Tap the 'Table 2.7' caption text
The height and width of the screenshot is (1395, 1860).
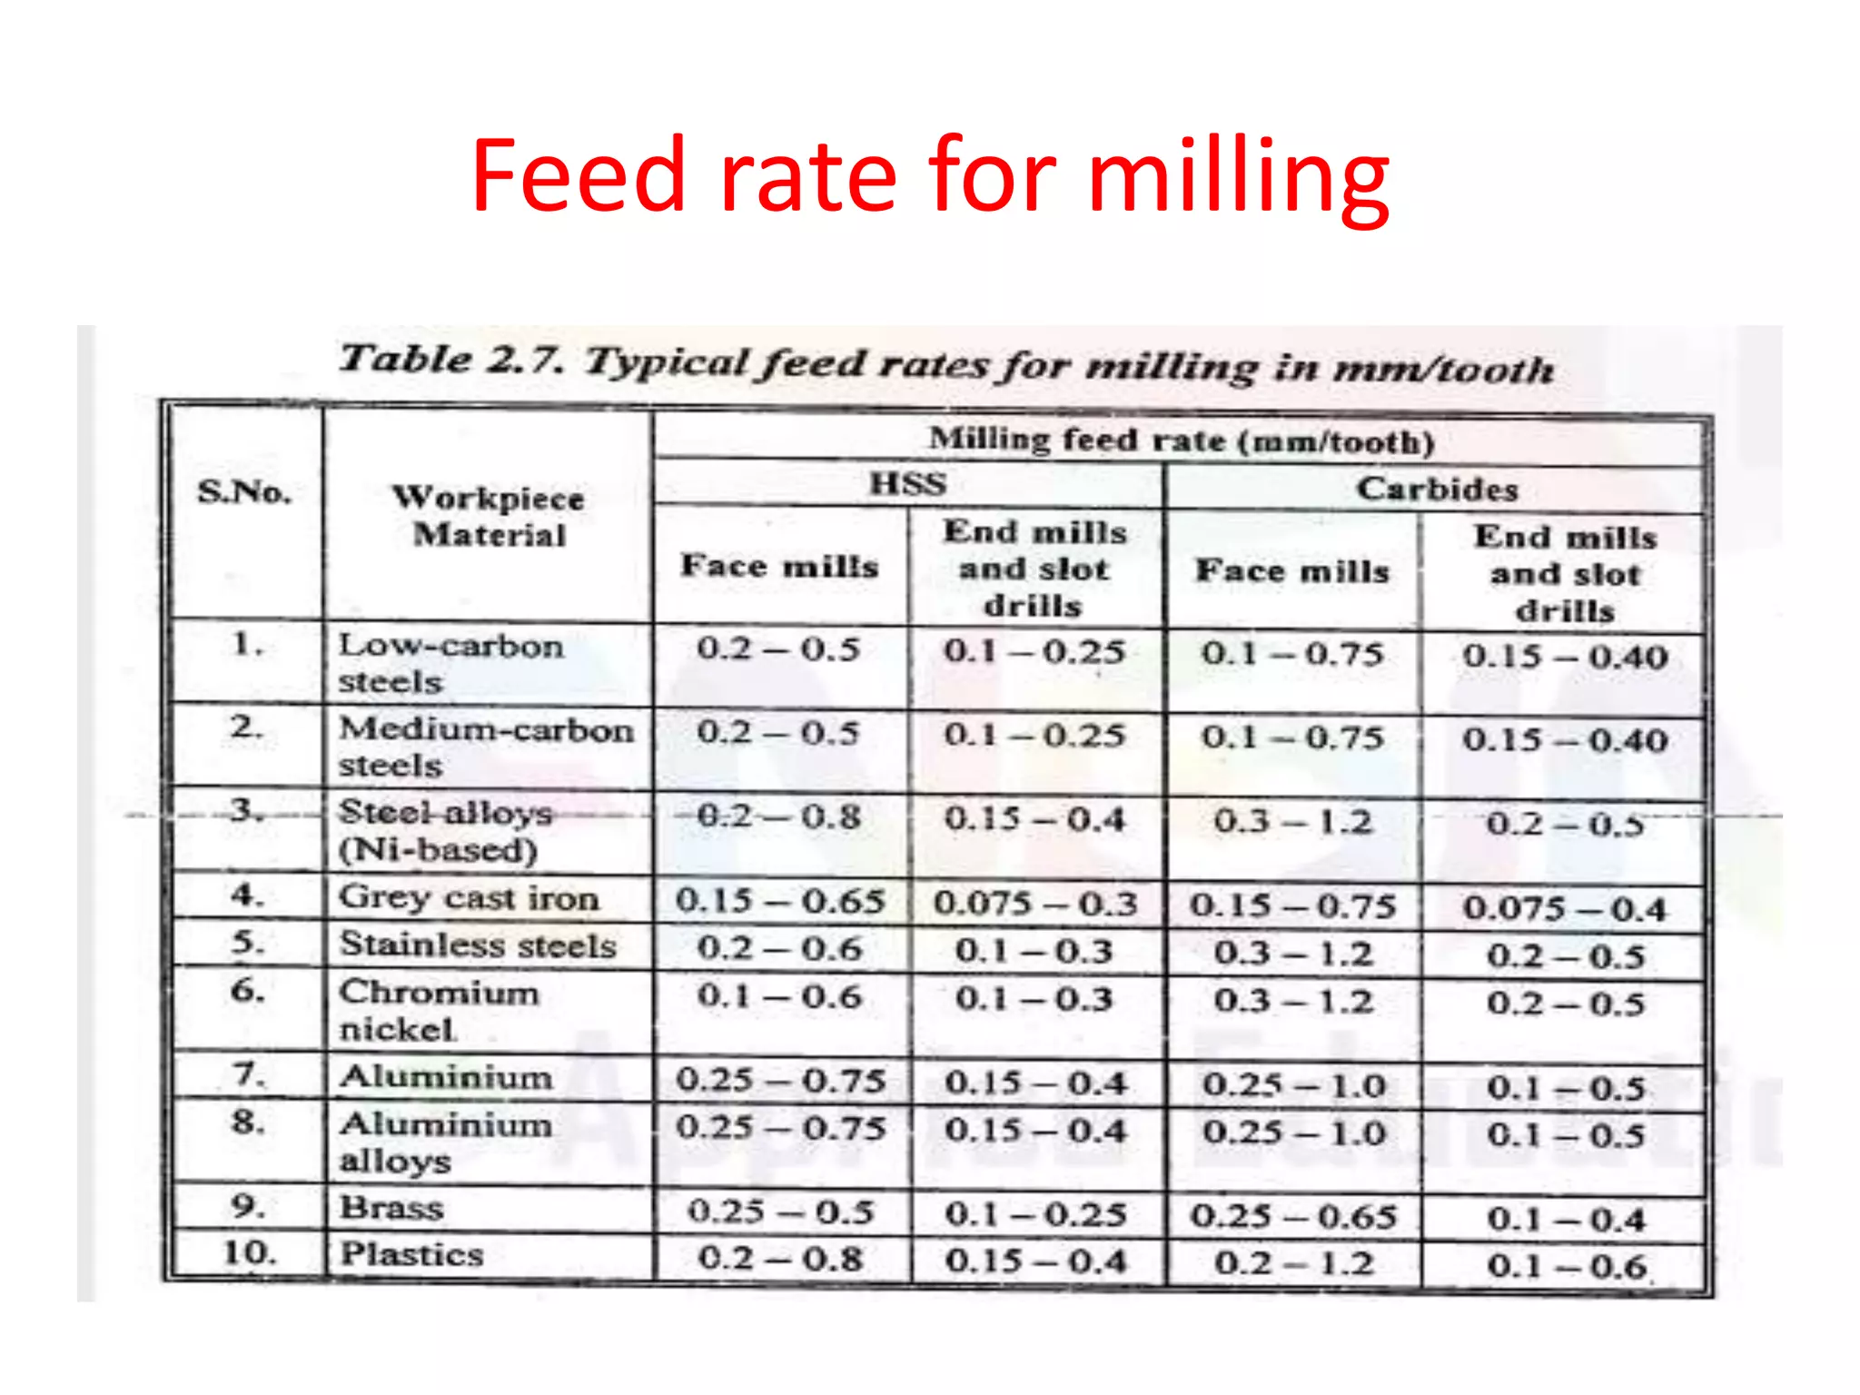945,363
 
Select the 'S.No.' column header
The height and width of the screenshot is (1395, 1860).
244,492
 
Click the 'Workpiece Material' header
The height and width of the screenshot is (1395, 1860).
489,516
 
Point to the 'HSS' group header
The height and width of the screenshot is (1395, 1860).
907,483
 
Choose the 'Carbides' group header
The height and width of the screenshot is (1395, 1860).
1437,489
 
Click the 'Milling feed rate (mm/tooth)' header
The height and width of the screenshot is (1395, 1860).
1181,440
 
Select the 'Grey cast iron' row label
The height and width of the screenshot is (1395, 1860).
469,897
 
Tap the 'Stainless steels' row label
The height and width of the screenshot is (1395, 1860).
478,945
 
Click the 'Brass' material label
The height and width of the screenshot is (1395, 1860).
391,1208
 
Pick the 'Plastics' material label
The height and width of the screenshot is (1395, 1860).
411,1254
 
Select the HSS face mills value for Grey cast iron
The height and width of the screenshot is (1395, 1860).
779,900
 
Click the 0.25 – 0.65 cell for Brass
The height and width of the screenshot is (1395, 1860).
1292,1216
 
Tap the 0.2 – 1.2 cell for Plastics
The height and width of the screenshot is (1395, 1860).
1292,1263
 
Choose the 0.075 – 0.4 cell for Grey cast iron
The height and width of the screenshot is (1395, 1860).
1564,908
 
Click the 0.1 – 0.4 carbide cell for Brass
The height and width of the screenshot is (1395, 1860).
1565,1219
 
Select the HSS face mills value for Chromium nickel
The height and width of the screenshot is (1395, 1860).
778,996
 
